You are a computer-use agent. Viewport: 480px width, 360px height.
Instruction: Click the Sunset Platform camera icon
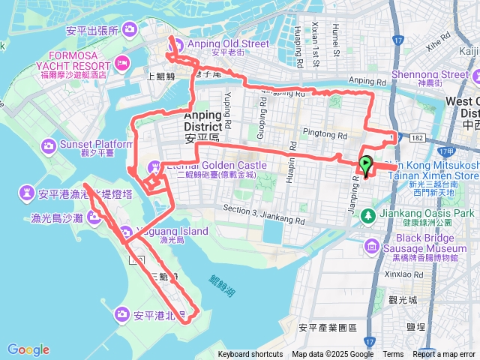point(49,144)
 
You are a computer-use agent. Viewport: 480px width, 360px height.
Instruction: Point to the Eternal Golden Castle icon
point(155,166)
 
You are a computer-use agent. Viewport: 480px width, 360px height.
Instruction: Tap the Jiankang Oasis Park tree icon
point(369,216)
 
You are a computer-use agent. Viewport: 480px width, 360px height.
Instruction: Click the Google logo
point(28,349)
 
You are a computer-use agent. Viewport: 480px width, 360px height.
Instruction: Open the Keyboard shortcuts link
point(250,354)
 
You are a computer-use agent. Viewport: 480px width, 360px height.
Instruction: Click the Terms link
point(393,354)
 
